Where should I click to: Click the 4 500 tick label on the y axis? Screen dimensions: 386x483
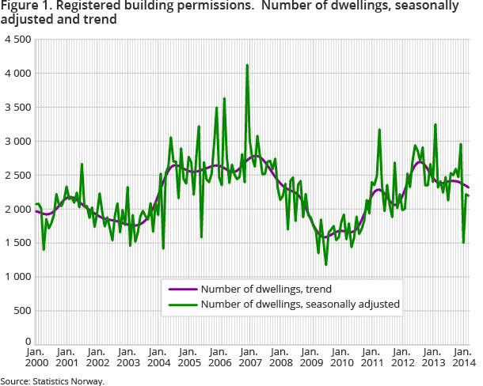[x=16, y=39]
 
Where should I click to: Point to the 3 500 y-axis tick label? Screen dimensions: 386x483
[x=16, y=107]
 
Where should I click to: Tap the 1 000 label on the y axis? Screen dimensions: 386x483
[x=16, y=277]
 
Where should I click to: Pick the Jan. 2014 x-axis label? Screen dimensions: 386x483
[x=463, y=357]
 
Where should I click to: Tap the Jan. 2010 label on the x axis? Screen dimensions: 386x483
[x=340, y=357]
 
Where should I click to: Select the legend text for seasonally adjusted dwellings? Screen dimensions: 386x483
[x=300, y=303]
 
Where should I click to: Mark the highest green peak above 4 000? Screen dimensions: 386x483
[x=248, y=65]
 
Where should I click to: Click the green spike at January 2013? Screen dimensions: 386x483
[x=435, y=124]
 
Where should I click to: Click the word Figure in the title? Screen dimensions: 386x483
[x=18, y=6]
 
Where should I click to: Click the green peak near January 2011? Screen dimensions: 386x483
[x=380, y=130]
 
